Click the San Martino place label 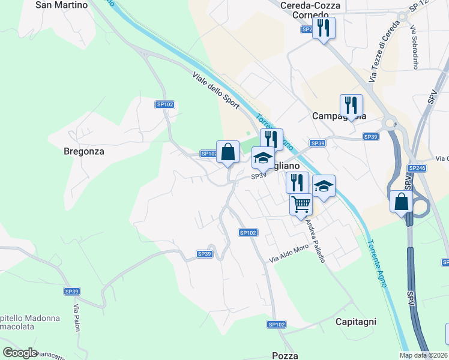pos(62,5)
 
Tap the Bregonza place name pos(84,152)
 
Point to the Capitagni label pos(356,322)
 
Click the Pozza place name pos(285,356)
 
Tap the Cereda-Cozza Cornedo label pos(311,10)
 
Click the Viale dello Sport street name pos(216,91)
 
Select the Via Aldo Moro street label pos(288,253)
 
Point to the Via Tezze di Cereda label pos(381,56)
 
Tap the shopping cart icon pos(301,203)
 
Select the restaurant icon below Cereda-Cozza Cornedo pos(324,28)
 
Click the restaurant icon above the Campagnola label pos(351,105)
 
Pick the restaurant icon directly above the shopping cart pos(297,182)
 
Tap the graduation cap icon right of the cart pos(324,186)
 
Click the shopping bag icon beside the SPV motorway pos(401,202)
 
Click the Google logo pos(20,353)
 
